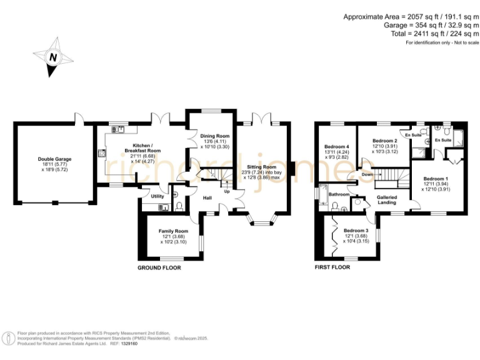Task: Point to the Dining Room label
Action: [214, 136]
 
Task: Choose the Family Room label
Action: [172, 231]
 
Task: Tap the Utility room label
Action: [157, 196]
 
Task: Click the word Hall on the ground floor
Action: [207, 198]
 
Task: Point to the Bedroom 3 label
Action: [356, 231]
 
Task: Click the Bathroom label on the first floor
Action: [338, 194]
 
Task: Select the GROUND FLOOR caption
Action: [159, 267]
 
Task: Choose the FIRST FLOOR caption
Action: [331, 267]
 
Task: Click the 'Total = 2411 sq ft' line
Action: [426, 34]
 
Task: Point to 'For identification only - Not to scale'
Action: [442, 42]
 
